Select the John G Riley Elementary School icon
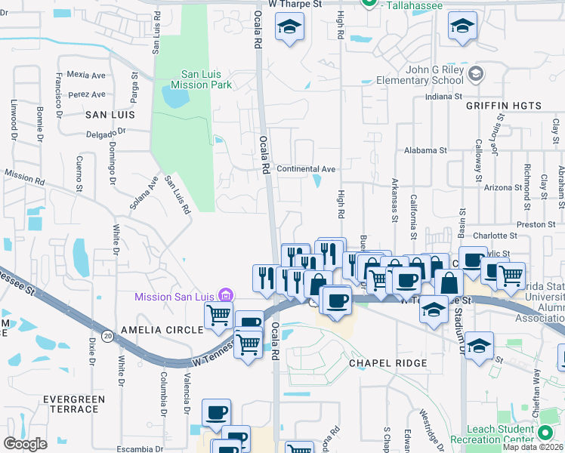475,73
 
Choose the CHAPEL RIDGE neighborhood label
387,363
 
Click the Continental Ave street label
306,169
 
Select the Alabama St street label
426,150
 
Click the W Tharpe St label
295,4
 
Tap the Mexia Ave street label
86,75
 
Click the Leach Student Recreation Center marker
545,433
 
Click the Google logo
25,443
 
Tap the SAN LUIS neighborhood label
110,115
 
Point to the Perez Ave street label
86,94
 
